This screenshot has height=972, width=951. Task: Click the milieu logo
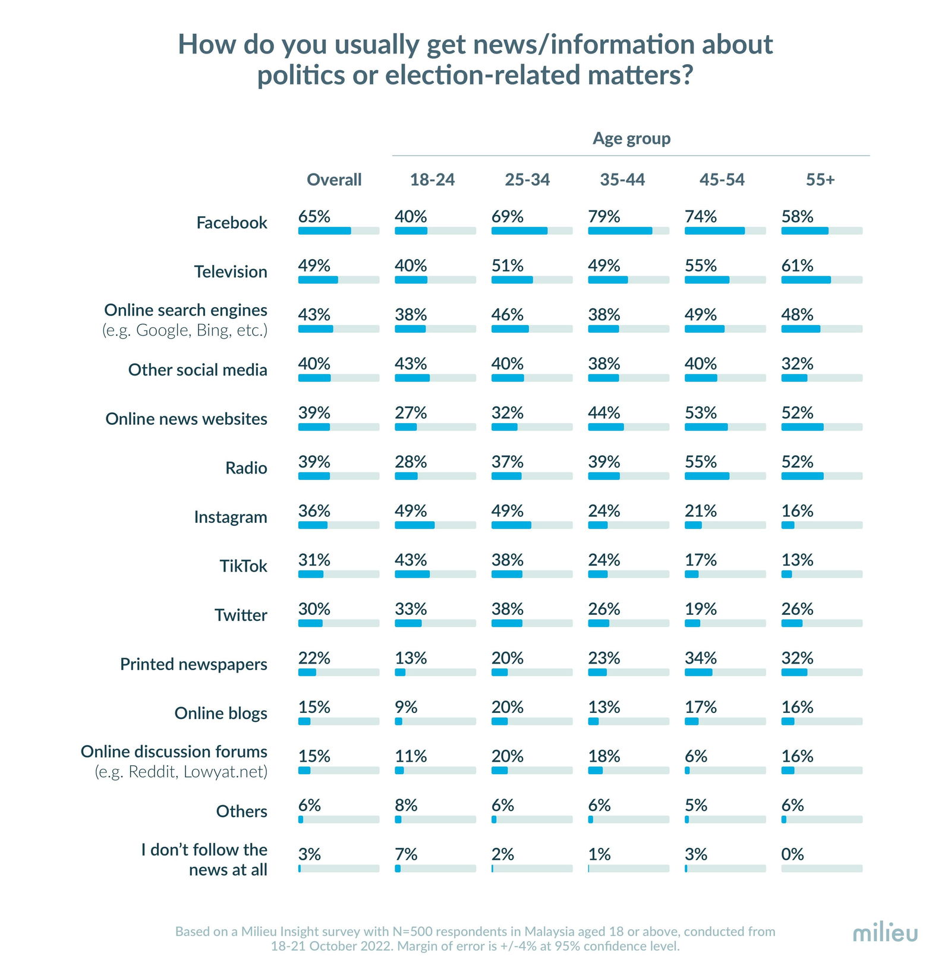tap(884, 932)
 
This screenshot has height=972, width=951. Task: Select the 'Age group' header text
tap(631, 138)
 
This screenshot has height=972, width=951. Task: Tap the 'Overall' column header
tap(334, 179)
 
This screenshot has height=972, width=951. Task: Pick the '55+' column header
tap(820, 179)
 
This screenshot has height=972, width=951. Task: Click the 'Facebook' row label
tap(232, 223)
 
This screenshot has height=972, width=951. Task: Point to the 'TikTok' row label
tap(243, 566)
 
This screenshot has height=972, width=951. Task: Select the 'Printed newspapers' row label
tap(194, 664)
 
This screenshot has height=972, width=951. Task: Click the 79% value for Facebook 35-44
tap(604, 216)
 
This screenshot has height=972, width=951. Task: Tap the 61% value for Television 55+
tap(797, 266)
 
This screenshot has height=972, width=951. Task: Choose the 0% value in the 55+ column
tap(792, 854)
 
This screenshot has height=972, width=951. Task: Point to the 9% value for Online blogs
tap(406, 707)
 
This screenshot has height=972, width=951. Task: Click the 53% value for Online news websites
tap(701, 413)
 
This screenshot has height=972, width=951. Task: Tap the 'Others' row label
tap(241, 811)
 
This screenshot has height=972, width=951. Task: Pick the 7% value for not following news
tap(406, 854)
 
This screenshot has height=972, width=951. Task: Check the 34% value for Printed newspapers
tap(701, 658)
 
